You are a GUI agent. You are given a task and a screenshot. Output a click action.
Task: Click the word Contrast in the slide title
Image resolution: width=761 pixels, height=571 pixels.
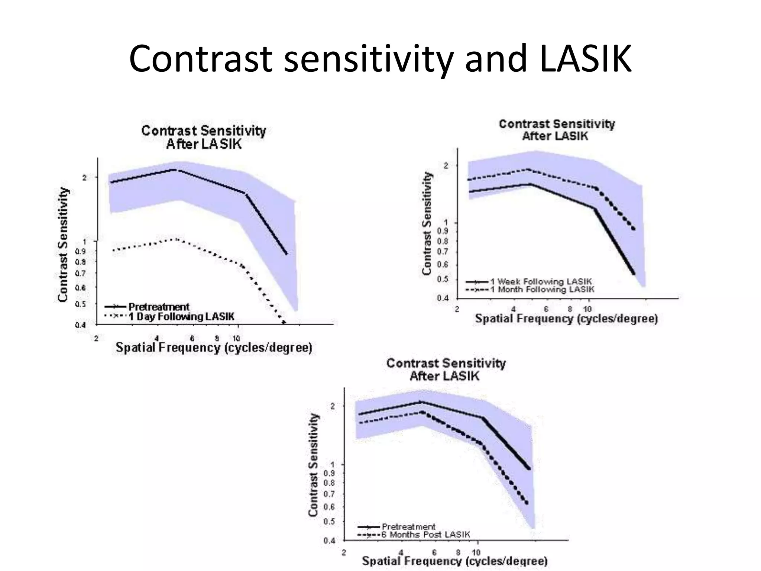point(199,59)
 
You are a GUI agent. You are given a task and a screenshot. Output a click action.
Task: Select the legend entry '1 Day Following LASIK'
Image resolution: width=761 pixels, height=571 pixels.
point(181,317)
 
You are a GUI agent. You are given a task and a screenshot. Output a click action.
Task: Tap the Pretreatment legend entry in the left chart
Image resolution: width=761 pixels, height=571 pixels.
point(159,307)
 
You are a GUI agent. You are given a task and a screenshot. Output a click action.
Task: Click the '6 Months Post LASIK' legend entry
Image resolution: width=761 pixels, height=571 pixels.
point(425,535)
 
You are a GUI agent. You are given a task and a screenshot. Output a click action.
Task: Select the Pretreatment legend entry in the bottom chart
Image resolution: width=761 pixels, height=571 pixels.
point(408,526)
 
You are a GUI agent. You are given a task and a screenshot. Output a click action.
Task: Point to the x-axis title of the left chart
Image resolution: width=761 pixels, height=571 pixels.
point(214,348)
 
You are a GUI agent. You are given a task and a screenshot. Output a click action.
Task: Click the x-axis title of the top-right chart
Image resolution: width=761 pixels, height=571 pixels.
point(566,319)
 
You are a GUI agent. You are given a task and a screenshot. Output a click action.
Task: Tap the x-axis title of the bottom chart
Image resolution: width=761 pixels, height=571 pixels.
point(454,561)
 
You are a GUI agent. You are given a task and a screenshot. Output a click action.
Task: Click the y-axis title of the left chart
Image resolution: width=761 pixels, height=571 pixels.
point(63,245)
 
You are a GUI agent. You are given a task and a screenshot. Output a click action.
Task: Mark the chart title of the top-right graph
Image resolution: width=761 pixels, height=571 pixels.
point(556,130)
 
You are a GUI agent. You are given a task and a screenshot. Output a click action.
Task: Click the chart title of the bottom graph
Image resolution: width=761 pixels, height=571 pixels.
point(446,369)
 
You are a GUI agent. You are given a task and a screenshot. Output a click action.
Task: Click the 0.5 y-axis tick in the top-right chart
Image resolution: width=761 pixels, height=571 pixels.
point(444,279)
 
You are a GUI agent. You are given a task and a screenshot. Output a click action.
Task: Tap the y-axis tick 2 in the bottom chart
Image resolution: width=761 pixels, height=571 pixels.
point(333,406)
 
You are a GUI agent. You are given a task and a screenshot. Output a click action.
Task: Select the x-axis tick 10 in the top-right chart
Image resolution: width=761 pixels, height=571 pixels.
point(587,309)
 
